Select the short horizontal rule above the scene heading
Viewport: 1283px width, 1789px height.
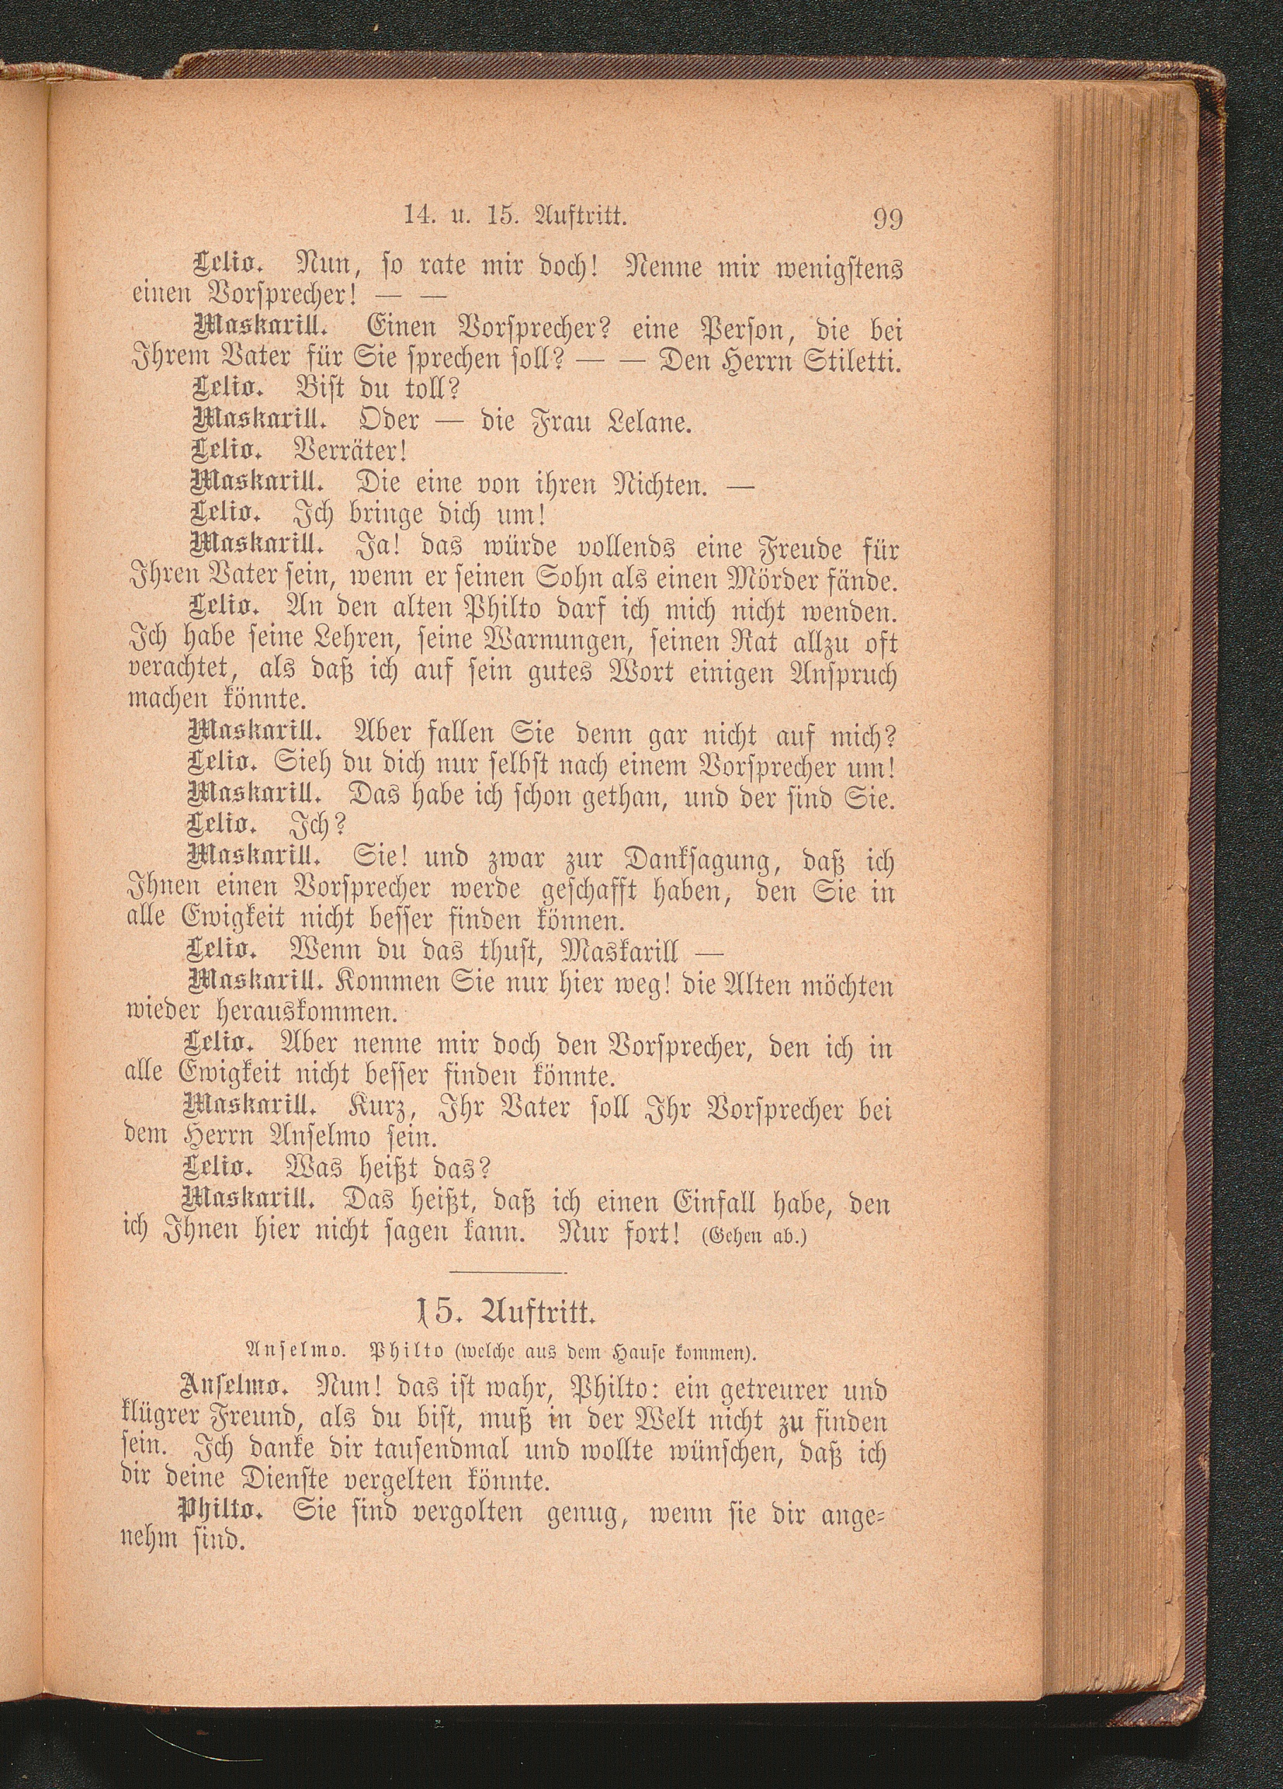506,1273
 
